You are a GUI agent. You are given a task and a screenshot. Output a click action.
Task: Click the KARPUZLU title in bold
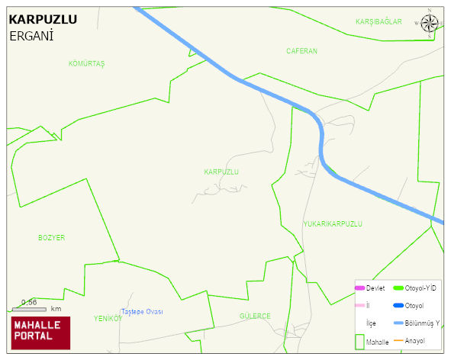tap(42, 20)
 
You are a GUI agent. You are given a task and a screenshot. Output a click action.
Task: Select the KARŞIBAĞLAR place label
tap(379, 21)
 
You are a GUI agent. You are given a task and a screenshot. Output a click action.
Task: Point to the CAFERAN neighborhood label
tap(301, 51)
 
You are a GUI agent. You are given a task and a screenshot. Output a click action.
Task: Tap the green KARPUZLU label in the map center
tap(221, 172)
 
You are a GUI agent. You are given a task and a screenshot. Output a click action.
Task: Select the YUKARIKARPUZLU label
tap(332, 224)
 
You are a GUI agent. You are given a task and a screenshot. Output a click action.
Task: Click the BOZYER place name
tap(52, 238)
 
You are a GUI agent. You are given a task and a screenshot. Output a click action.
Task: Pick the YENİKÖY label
tap(108, 318)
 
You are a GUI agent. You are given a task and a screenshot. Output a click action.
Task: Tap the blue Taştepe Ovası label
tap(143, 312)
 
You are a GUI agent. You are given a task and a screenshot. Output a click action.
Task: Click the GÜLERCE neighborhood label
tap(255, 316)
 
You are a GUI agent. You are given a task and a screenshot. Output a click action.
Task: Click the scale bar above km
tap(29, 309)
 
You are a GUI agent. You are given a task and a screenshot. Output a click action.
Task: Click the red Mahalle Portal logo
tap(40, 333)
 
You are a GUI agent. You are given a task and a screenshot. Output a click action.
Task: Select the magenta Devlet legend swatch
tap(359, 288)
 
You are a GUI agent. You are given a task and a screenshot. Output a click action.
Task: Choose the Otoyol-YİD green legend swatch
tap(398, 288)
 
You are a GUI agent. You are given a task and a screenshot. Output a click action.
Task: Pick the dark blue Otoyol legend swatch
tap(398, 305)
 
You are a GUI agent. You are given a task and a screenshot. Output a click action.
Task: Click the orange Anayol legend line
tap(398, 340)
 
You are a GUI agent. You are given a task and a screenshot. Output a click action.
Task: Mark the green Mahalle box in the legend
tap(359, 341)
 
